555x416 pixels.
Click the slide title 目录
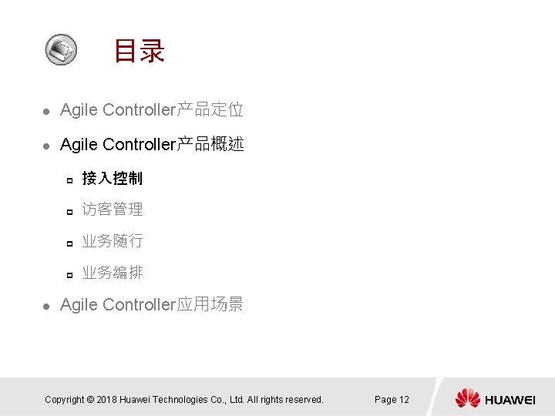click(x=139, y=52)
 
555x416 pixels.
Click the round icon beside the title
click(x=60, y=49)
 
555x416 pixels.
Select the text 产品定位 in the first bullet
click(x=210, y=109)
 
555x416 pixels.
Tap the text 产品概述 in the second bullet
click(x=210, y=144)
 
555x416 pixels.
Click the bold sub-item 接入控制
click(x=113, y=178)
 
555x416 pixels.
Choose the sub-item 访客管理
click(x=113, y=209)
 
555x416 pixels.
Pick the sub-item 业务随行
click(x=113, y=240)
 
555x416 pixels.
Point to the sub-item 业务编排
click(x=113, y=272)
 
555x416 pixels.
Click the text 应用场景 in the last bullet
click(x=210, y=304)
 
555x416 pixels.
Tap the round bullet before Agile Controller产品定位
click(x=46, y=112)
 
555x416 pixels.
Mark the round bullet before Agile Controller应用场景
click(x=46, y=306)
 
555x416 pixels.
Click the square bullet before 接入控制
click(x=69, y=180)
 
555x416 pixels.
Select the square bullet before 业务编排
click(x=69, y=274)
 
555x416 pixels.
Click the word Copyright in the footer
click(x=64, y=399)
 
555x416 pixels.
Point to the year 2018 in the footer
click(x=108, y=399)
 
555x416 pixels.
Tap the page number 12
click(x=403, y=399)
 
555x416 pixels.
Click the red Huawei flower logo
click(x=468, y=398)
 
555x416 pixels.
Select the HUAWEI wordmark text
click(x=510, y=399)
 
